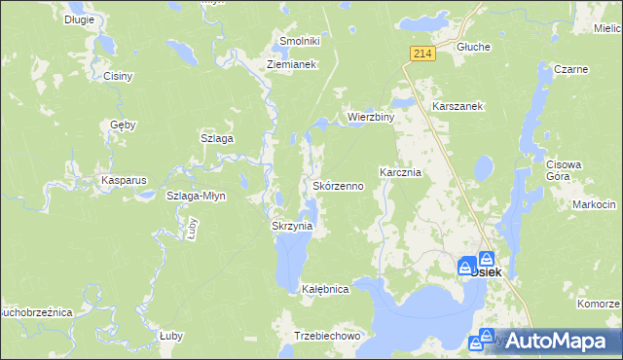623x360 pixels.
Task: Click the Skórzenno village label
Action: [338, 185]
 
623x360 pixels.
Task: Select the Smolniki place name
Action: [300, 41]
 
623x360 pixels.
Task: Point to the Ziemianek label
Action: [293, 65]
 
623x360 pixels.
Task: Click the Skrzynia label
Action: [291, 226]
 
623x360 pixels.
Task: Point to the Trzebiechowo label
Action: [327, 336]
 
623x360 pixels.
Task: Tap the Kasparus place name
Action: [124, 181]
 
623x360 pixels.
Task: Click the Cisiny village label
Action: [118, 75]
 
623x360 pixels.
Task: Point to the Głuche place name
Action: [473, 46]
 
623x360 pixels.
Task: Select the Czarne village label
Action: [569, 69]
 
